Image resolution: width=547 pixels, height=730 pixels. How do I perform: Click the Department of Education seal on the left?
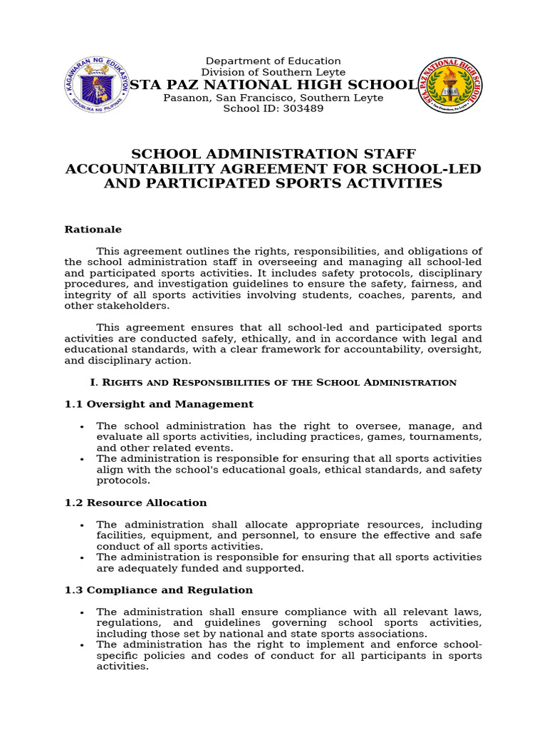[97, 85]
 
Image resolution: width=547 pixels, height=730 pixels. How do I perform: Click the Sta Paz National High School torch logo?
[449, 86]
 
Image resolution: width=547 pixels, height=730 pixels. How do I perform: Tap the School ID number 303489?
[303, 109]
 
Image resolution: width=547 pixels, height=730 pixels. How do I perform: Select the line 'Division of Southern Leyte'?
[273, 73]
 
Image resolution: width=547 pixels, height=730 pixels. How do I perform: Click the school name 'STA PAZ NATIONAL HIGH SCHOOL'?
[273, 85]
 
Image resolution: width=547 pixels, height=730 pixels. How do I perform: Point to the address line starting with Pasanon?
[273, 98]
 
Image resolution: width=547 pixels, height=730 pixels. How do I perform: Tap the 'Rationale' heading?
[93, 230]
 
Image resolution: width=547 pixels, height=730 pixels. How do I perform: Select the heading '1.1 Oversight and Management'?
[159, 404]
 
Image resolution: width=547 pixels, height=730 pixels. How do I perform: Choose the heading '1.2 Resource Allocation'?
[135, 503]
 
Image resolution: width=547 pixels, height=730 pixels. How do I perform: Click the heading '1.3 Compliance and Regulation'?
[159, 590]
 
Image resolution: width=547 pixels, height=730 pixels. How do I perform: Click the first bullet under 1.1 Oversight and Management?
[82, 426]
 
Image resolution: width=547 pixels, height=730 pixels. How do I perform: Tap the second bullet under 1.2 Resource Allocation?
[82, 557]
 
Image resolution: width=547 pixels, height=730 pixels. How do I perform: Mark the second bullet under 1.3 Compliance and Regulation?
[82, 645]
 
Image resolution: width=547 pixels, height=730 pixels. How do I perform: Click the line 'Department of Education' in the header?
[273, 61]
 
